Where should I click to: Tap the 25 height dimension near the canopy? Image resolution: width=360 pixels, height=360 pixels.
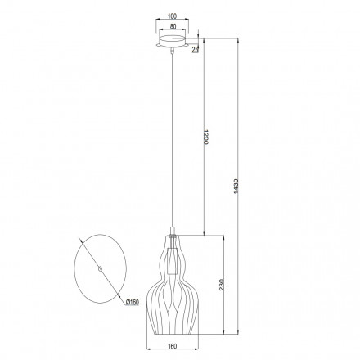point(196,49)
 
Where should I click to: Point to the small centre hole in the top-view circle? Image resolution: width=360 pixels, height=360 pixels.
point(99,268)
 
